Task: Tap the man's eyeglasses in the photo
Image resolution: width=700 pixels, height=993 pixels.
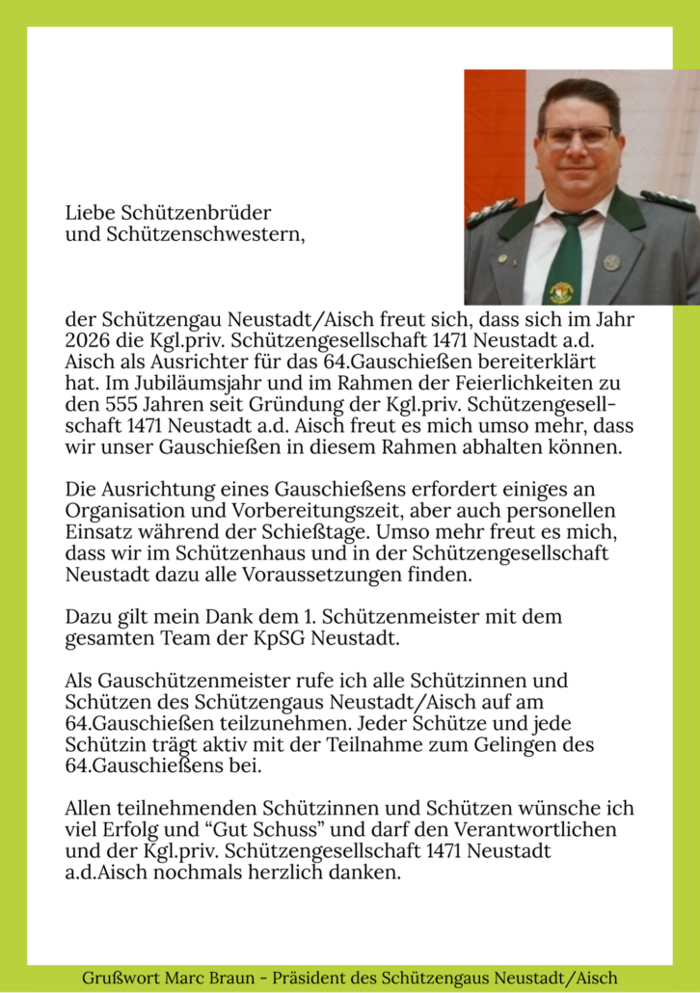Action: point(578,137)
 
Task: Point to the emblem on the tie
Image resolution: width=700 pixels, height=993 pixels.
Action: point(561,291)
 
